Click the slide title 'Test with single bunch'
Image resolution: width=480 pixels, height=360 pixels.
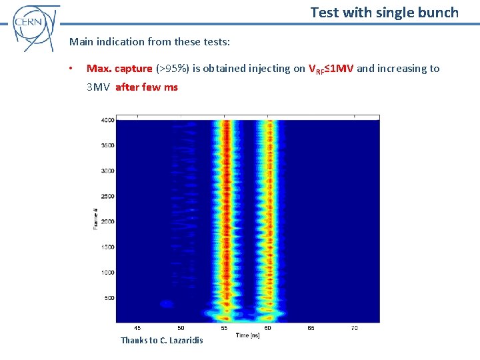[x=385, y=12]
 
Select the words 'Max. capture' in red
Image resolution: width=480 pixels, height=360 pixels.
[x=119, y=69]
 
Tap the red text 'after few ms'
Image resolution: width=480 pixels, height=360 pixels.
[x=147, y=87]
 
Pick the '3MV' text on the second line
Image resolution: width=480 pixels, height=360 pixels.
[x=98, y=87]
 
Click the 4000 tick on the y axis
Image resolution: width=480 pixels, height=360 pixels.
[x=107, y=120]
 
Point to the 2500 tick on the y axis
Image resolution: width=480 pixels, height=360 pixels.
[x=107, y=196]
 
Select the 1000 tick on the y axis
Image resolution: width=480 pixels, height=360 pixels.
[x=107, y=273]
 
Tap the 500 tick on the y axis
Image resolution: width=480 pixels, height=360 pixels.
[x=109, y=298]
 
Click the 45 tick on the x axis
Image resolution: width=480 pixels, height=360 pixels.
[x=137, y=328]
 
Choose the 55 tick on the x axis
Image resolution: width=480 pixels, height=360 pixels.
[x=224, y=328]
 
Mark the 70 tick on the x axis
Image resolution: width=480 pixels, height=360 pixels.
[x=354, y=328]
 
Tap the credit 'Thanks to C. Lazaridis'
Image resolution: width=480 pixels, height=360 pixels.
[x=161, y=341]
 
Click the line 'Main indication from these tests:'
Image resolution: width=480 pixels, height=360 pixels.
[x=149, y=42]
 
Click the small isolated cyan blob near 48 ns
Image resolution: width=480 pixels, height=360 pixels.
[x=166, y=304]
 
